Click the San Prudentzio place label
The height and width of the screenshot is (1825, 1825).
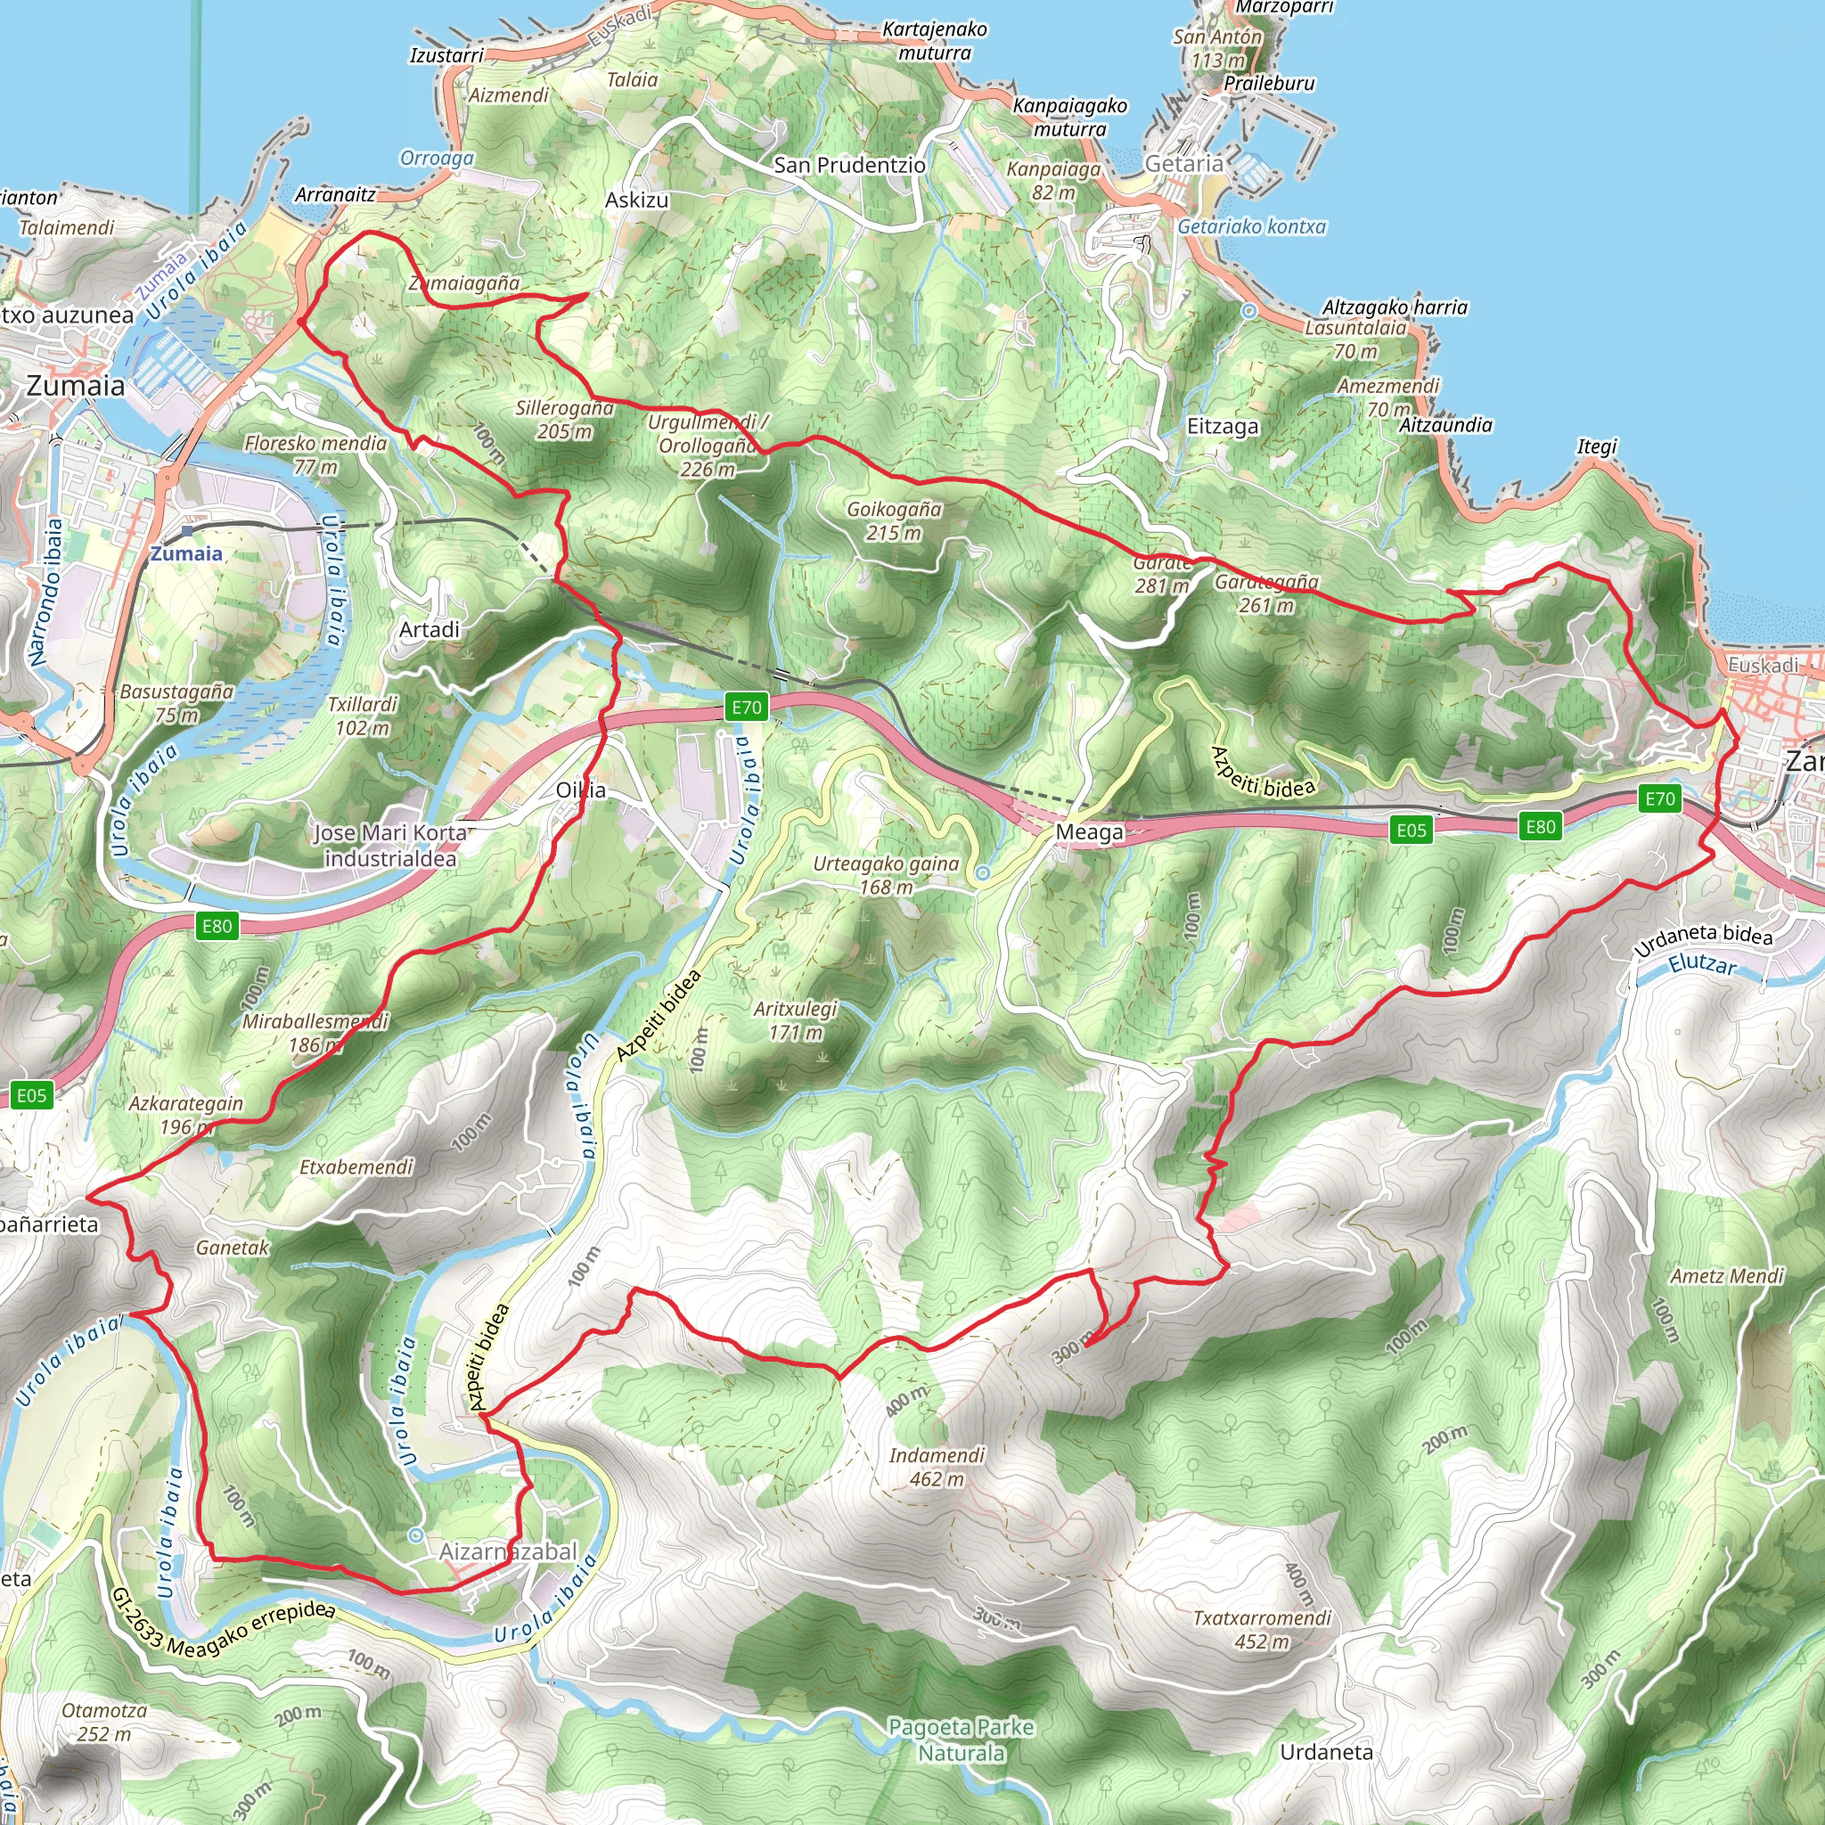pos(849,166)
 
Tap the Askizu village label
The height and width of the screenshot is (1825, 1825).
pos(636,201)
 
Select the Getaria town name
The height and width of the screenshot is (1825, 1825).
pos(1183,164)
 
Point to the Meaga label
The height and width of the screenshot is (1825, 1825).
pos(1089,832)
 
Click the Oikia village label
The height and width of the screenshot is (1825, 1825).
pos(580,790)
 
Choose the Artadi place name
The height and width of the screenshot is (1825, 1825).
pos(429,629)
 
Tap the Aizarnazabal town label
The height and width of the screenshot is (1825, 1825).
pos(507,1551)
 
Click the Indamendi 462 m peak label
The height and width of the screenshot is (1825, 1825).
pos(937,1467)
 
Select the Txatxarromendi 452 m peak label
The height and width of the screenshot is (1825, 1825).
pos(1261,1630)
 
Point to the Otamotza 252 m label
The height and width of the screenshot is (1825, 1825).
pos(104,1722)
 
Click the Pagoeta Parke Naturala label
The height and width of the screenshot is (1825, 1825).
pos(961,1740)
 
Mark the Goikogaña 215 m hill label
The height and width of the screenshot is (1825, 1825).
pos(894,520)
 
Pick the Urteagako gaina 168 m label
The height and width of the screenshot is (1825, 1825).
pos(885,875)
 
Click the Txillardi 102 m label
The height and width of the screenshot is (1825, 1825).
pos(362,716)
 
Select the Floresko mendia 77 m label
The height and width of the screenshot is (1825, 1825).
pos(315,454)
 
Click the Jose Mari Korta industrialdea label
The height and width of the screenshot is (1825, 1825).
pos(390,846)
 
